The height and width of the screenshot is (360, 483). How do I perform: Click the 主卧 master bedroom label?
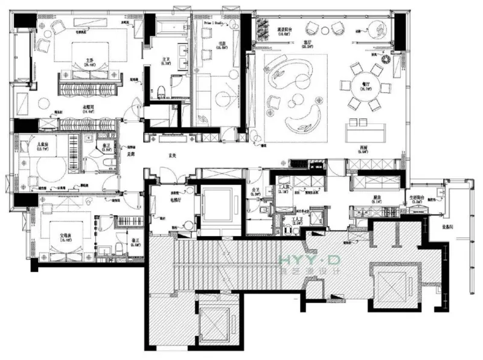pos(89,60)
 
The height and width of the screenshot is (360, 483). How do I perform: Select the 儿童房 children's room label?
pos(42,146)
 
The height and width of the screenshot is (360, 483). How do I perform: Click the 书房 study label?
pos(222,43)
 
